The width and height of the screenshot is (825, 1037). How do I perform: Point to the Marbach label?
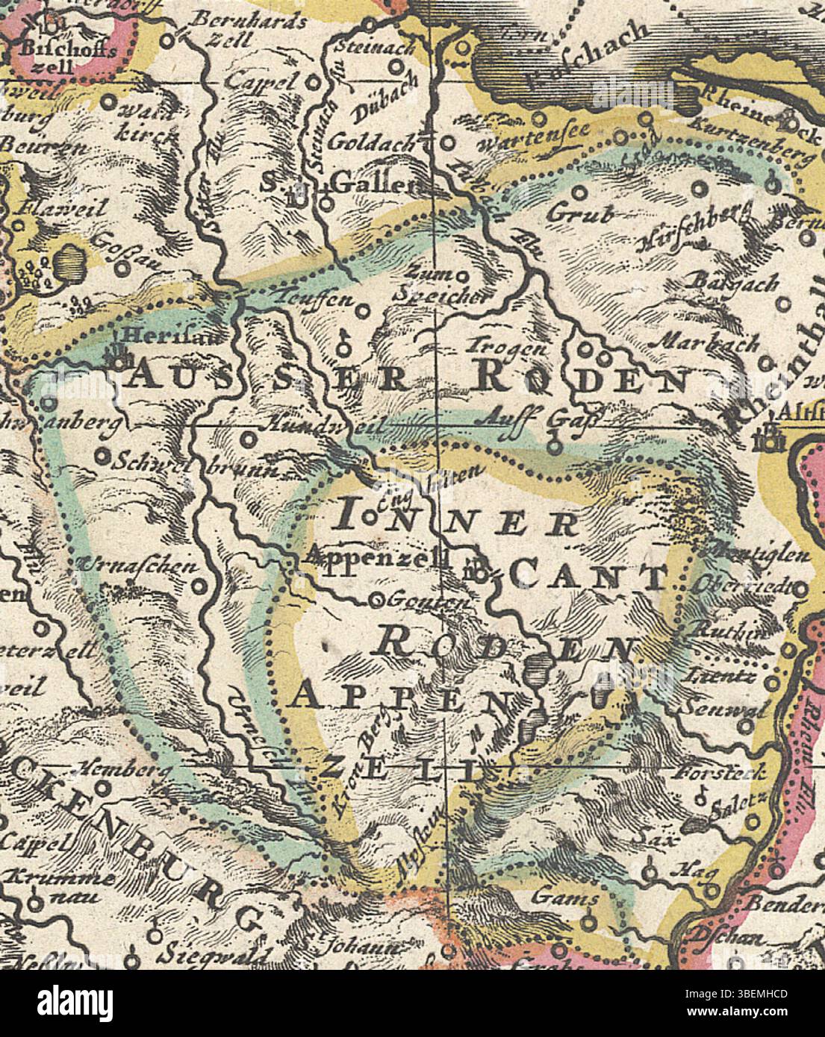point(709,344)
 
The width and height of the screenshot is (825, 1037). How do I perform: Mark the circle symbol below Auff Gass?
point(552,448)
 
